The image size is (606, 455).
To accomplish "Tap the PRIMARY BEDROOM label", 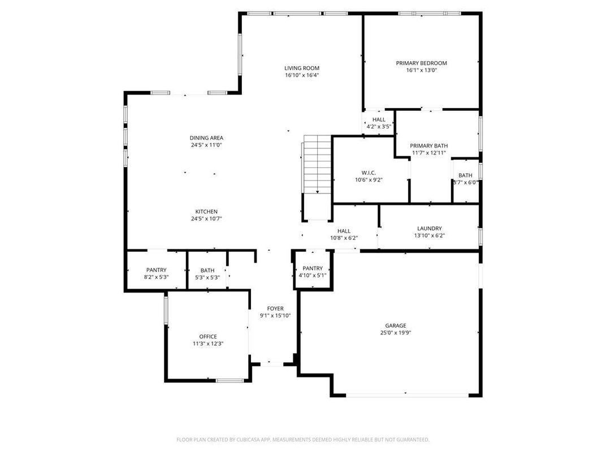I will [421, 63].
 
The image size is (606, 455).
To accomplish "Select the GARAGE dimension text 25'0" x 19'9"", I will [396, 333].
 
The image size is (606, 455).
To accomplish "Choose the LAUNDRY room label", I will [429, 228].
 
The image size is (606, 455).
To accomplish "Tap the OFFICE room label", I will [207, 337].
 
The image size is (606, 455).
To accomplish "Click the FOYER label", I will [275, 308].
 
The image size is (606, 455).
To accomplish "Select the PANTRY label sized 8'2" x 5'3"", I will [156, 270].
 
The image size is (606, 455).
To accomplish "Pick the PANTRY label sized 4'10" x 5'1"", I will [312, 268].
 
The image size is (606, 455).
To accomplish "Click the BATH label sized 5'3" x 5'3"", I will [207, 270].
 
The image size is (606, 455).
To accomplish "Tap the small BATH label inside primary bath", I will [465, 175].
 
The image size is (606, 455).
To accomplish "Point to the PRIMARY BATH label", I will [428, 145].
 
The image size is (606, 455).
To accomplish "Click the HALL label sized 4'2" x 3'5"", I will [379, 119].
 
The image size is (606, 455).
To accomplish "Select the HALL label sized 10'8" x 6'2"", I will [344, 231].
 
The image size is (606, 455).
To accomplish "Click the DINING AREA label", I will [206, 138].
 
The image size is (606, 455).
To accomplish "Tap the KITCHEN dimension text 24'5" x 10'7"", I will [206, 218].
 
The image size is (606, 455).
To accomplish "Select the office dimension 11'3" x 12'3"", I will [207, 344].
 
